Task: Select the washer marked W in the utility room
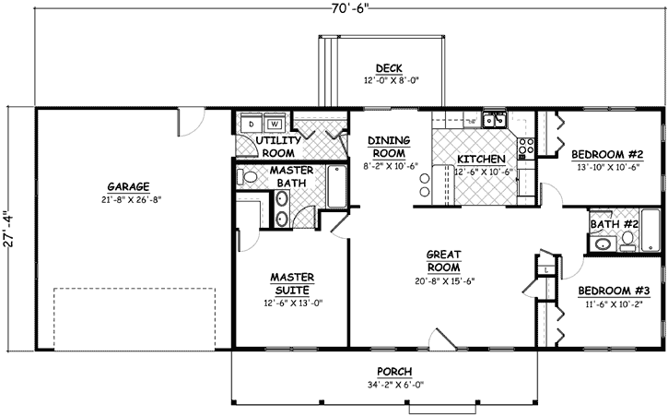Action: click(275, 123)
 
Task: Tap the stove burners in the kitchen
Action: click(528, 146)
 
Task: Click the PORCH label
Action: click(393, 372)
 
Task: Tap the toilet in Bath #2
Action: click(627, 239)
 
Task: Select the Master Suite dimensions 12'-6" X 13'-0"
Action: click(293, 303)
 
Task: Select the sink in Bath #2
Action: click(603, 244)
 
